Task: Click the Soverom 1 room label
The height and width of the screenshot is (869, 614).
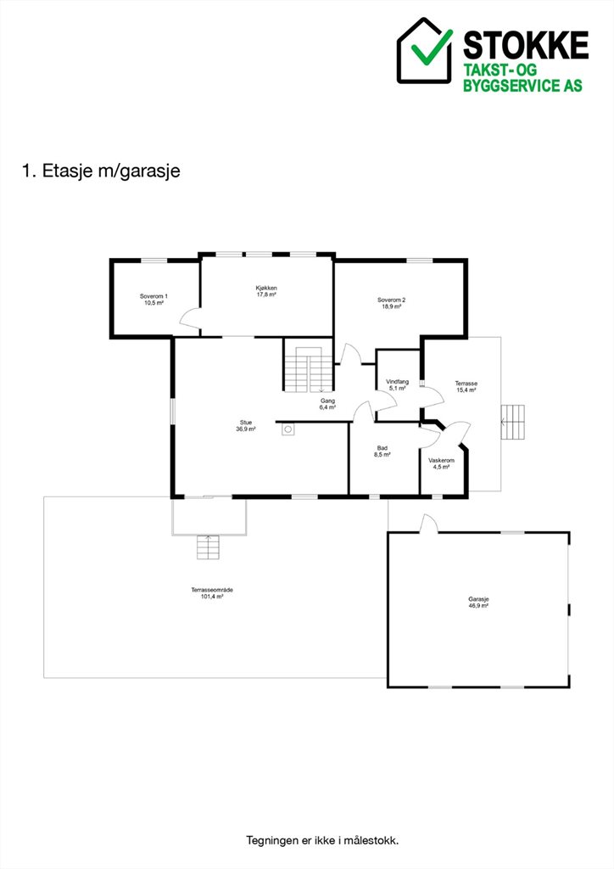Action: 153,300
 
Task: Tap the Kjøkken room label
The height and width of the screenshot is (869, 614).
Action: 266,292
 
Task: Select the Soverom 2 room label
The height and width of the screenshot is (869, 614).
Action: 392,303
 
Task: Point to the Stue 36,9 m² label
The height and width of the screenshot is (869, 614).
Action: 246,426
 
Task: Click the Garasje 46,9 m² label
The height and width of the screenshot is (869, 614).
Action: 478,603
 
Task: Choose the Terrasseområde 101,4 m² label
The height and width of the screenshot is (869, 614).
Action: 212,593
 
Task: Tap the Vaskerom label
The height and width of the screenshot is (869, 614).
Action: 441,461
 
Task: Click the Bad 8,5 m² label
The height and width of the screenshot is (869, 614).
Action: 382,451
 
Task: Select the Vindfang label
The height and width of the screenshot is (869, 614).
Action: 398,382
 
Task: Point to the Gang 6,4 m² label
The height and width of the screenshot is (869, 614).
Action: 327,404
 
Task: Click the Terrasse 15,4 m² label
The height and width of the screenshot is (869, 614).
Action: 466,386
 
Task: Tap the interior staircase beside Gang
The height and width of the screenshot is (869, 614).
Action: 309,369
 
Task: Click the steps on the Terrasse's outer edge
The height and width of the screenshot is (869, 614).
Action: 513,423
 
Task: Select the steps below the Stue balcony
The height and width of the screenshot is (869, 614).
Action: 208,547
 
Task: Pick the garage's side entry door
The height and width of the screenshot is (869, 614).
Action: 428,524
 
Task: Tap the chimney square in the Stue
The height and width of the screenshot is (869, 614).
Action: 287,429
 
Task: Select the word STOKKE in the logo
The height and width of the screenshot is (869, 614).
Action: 526,45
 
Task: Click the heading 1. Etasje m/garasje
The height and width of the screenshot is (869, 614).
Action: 101,171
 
